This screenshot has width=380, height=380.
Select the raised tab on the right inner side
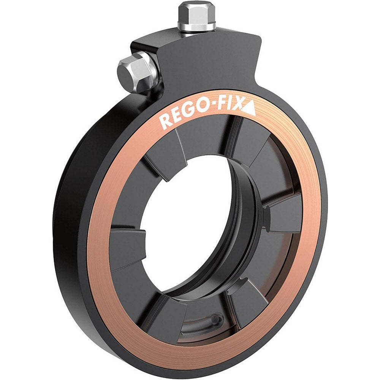point(283,217)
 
